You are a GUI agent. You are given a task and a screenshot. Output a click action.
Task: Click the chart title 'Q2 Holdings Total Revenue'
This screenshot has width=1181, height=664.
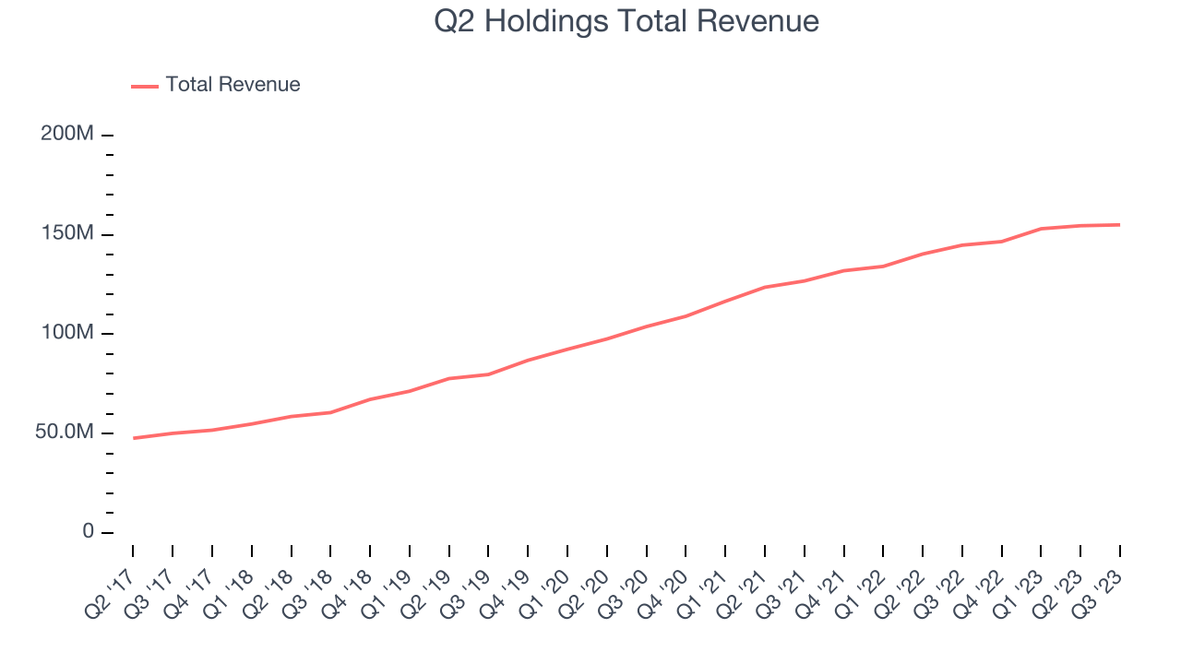coord(626,21)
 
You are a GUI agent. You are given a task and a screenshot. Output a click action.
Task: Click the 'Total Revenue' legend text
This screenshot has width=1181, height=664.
coord(233,85)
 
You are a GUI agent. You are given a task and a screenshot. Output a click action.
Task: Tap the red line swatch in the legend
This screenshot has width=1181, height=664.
coord(145,86)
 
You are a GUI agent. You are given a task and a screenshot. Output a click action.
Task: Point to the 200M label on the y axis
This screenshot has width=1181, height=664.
coord(67,135)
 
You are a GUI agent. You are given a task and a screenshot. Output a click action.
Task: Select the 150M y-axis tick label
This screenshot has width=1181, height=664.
coord(67,234)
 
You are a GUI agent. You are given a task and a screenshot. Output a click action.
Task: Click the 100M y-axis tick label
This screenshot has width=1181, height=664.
coord(67,333)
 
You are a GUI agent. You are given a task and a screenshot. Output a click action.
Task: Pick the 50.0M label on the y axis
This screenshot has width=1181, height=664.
coord(65,433)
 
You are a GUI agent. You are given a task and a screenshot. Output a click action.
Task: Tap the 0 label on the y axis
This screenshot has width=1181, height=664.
coord(88,532)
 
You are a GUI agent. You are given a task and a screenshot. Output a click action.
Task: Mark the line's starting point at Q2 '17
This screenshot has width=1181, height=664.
coord(133,438)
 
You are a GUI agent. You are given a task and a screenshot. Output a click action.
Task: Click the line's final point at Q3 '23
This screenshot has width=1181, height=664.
coord(1120,224)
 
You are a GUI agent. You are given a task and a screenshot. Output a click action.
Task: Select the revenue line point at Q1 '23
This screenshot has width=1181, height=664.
coord(1041,229)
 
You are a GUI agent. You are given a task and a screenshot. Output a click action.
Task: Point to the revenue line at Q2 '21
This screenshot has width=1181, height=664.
coord(765,287)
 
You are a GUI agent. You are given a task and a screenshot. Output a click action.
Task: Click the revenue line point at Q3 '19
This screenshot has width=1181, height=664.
coord(488,374)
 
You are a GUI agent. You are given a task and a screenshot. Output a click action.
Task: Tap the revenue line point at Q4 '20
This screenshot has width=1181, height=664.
coord(686,316)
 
